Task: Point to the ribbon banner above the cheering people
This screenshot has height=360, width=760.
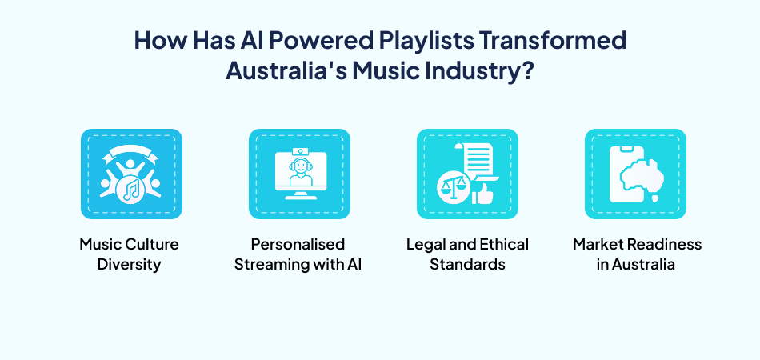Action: (x=131, y=152)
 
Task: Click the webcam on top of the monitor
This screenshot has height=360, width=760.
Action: (x=299, y=150)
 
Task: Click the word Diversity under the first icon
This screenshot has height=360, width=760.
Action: (x=129, y=264)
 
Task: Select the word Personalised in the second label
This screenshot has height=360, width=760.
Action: (x=298, y=244)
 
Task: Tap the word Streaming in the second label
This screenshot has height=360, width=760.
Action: (x=270, y=264)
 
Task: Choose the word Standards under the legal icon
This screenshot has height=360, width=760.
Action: (x=467, y=264)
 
